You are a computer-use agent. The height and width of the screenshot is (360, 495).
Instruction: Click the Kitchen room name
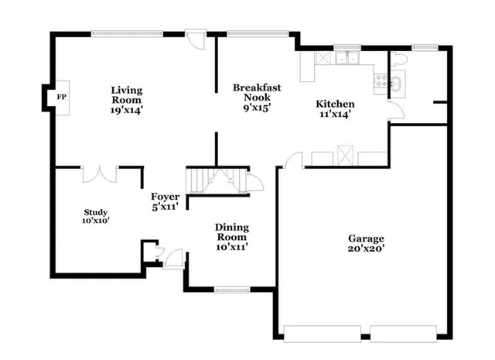coord(335,104)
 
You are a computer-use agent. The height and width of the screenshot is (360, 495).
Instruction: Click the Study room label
coord(97,212)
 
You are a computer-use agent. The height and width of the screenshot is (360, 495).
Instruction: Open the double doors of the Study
coord(100,173)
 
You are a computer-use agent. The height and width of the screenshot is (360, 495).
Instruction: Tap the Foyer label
coord(166,197)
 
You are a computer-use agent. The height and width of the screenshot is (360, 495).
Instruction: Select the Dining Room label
coord(231,231)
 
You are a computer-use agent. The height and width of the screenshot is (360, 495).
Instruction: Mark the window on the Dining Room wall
coord(230,290)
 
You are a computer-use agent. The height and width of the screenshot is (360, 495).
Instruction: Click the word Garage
coord(366,238)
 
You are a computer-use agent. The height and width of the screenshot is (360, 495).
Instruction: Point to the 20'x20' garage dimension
coord(366,249)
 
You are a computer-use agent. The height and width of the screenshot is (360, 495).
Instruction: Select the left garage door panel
coord(321,334)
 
